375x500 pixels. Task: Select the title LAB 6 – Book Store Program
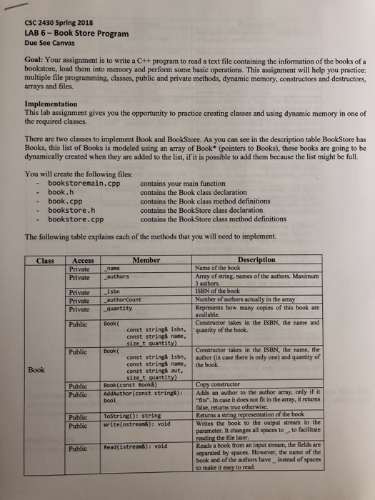76,33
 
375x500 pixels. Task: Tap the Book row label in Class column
39,370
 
